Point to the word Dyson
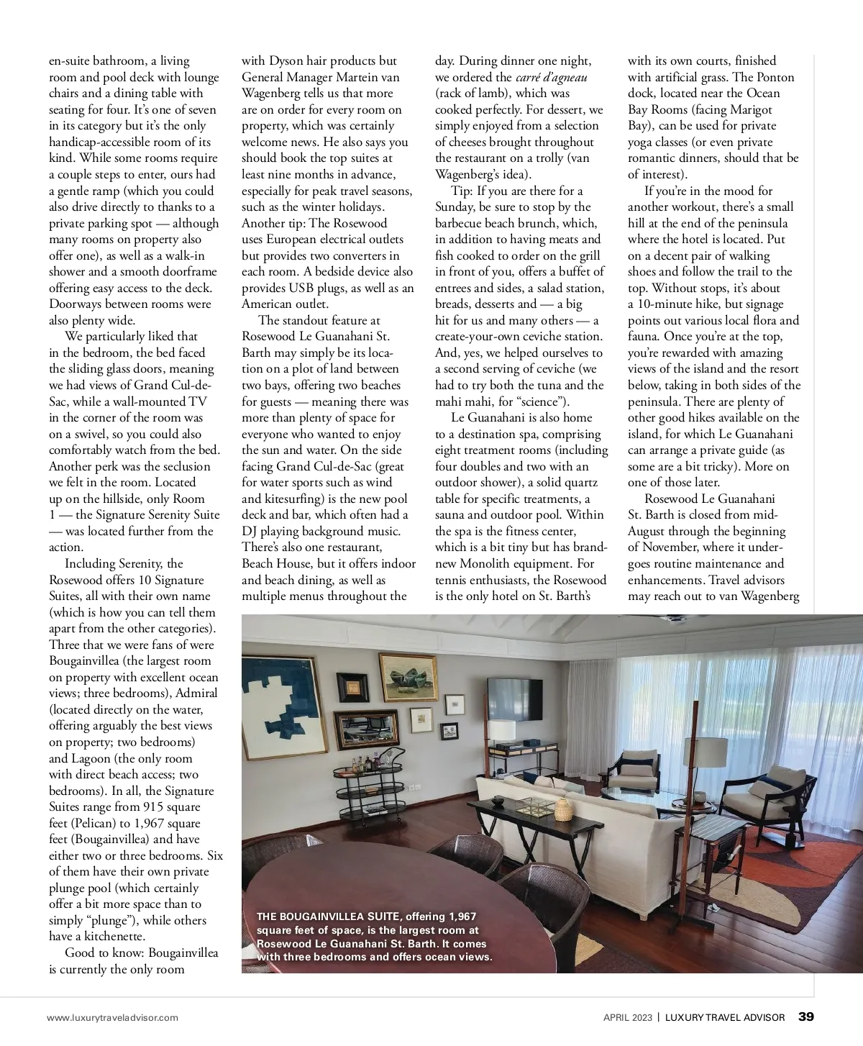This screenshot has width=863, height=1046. [x=286, y=61]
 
